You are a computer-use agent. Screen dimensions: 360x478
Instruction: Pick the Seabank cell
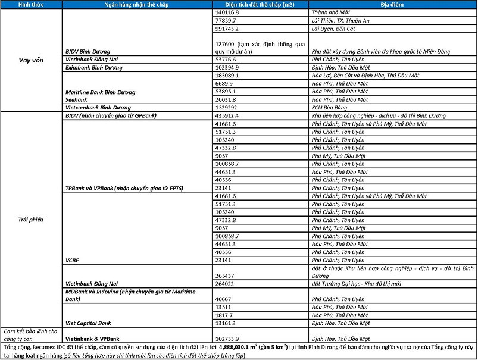coord(79,99)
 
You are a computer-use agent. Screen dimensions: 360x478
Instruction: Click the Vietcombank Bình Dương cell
coord(98,107)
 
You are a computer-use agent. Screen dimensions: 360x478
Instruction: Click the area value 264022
coord(225,283)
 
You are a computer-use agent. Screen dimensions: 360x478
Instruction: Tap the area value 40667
coord(223,299)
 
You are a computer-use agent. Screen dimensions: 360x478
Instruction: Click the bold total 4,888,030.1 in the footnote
coord(240,346)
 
